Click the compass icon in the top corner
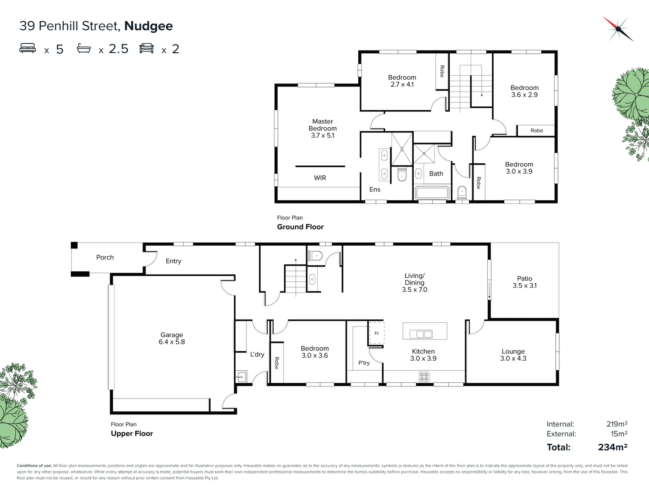tap(618, 29)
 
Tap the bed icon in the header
tap(27, 48)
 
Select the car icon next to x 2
tap(146, 48)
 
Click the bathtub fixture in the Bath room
tap(432, 193)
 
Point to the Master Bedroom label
tap(323, 128)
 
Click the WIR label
tap(320, 178)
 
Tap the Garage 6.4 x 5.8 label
tap(172, 338)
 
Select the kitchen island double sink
tap(421, 334)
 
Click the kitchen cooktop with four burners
tap(424, 377)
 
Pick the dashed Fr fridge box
tap(376, 333)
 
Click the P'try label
tap(364, 363)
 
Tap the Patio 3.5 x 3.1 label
tap(525, 282)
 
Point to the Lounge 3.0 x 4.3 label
tap(513, 355)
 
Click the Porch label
tap(105, 257)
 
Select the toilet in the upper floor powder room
tap(315, 256)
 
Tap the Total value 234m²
tap(612, 447)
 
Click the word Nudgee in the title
tap(148, 26)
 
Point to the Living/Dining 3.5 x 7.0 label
tap(415, 282)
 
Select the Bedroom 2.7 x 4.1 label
tap(402, 81)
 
